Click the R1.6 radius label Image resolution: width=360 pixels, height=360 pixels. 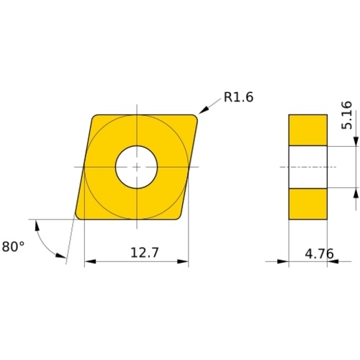238,97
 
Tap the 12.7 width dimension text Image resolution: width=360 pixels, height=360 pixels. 145,253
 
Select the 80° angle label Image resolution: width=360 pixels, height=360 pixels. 13,246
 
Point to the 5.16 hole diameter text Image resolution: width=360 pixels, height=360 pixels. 347,115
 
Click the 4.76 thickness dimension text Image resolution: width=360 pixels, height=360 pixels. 319,253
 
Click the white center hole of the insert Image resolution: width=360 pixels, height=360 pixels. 136,167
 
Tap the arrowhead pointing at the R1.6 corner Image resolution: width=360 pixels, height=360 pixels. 203,110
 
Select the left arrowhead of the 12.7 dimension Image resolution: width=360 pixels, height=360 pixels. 90,261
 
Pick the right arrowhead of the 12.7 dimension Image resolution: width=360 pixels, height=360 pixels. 183,261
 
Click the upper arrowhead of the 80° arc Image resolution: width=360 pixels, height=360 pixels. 37,225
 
